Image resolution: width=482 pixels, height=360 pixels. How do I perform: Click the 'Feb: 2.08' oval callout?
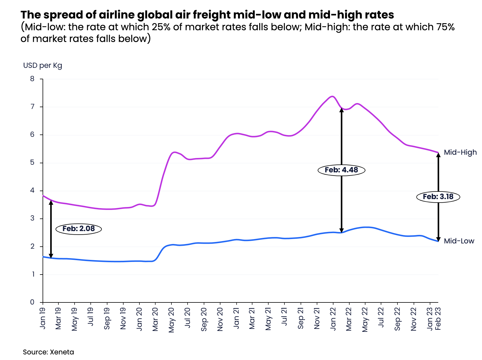[78, 229]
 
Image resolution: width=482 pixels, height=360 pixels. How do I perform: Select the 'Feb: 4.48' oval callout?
[341, 170]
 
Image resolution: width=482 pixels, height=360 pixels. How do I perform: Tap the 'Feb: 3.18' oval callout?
[438, 197]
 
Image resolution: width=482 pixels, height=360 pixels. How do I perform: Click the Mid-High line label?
[460, 152]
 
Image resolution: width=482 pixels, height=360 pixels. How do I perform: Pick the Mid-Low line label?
[459, 241]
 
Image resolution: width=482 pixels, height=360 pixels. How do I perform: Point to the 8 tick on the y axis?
[32, 79]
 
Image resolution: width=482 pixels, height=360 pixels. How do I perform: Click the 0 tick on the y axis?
[32, 302]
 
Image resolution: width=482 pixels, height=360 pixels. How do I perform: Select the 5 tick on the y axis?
[32, 163]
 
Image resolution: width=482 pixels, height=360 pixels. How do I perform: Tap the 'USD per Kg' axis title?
[43, 65]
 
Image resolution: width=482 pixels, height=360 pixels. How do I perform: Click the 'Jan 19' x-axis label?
[43, 318]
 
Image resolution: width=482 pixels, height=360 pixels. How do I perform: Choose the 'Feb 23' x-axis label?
[438, 319]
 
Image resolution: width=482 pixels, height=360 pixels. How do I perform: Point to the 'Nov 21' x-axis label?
[317, 319]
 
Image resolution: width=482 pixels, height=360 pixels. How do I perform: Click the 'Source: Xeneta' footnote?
[48, 352]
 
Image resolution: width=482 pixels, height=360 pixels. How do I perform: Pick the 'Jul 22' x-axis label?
[381, 318]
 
